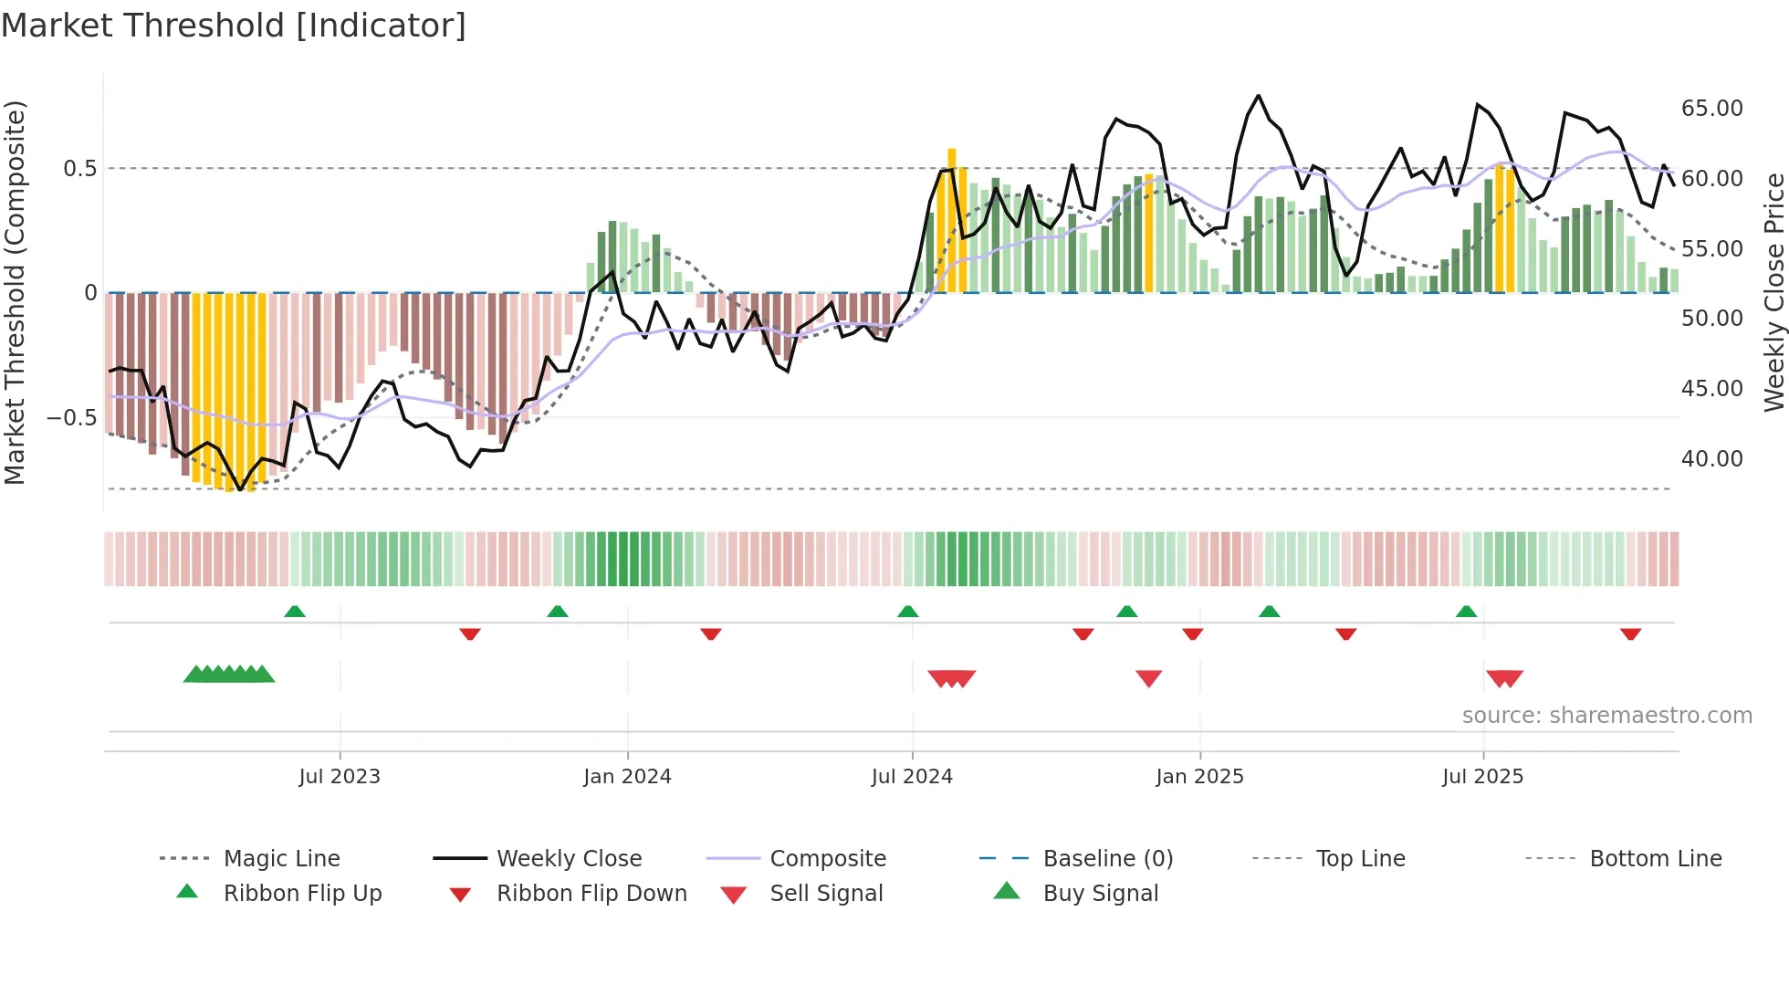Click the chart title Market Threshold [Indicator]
(234, 26)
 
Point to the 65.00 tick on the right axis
(1711, 109)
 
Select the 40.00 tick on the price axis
(1711, 459)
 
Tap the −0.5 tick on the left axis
(71, 418)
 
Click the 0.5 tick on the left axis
(79, 169)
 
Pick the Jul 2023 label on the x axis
(339, 777)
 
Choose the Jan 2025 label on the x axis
(1198, 777)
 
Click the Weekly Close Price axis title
(1773, 292)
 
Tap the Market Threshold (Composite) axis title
(15, 292)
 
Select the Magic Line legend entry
(281, 859)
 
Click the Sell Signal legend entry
(826, 894)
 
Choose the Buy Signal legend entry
(1100, 894)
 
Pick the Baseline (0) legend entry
(1107, 859)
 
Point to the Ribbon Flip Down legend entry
(591, 894)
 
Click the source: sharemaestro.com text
(1606, 716)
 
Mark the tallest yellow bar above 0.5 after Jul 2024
(951, 219)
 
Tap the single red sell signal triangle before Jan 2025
(1148, 678)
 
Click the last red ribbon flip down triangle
(1630, 634)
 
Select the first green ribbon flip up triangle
(294, 612)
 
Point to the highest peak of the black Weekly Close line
(1258, 96)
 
